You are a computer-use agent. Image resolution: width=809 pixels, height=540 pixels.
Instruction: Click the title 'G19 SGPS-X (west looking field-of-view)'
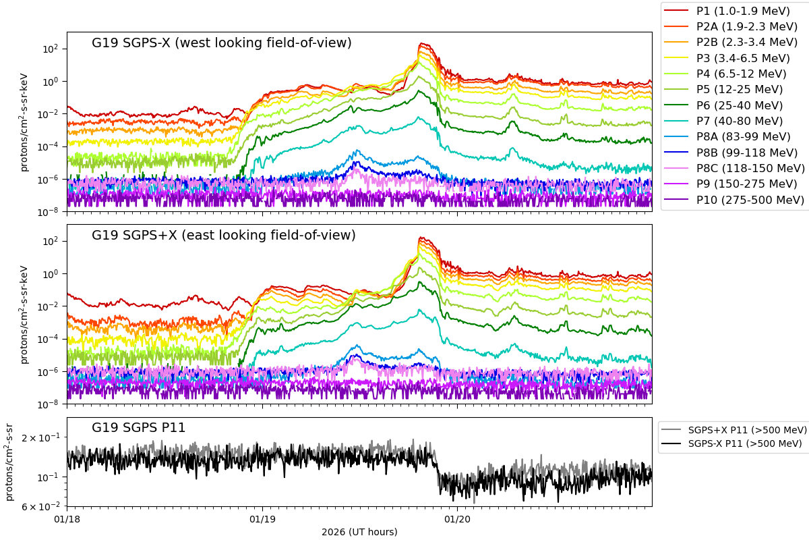[222, 43]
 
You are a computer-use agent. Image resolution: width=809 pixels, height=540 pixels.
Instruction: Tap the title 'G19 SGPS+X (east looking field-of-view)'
[223, 236]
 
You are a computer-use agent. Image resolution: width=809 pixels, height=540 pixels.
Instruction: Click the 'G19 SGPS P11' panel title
[138, 427]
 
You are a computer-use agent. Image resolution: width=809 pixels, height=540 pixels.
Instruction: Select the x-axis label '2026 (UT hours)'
[359, 532]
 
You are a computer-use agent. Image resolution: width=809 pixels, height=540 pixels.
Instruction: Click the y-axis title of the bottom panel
[9, 462]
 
